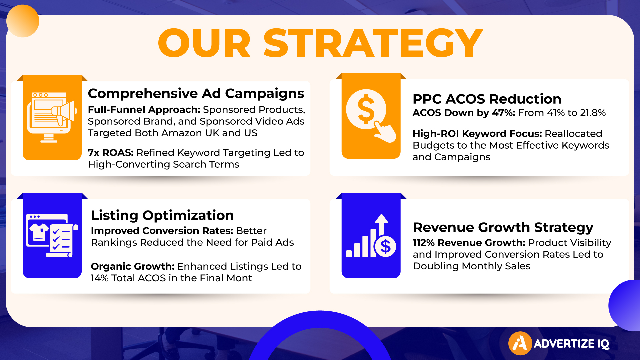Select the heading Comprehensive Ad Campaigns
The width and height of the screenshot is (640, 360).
(x=196, y=94)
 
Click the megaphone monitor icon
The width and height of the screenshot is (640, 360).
(x=52, y=117)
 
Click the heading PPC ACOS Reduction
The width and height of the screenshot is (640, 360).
(x=487, y=99)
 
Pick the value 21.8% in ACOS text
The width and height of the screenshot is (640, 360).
(x=593, y=113)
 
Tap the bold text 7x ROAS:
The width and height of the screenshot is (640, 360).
(x=111, y=153)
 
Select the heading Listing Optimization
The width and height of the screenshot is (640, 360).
(x=162, y=215)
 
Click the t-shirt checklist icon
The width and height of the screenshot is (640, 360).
(x=52, y=235)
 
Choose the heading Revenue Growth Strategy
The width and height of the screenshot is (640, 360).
(x=503, y=228)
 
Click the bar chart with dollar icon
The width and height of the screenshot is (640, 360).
(x=371, y=236)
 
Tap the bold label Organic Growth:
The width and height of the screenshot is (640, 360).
(x=133, y=266)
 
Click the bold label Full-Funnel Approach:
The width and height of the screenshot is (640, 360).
(x=144, y=110)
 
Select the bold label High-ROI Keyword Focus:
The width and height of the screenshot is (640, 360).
(x=477, y=134)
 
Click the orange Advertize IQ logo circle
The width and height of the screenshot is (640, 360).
(x=520, y=343)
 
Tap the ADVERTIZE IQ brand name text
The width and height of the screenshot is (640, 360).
(x=572, y=344)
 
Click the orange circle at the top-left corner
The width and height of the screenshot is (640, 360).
(x=23, y=21)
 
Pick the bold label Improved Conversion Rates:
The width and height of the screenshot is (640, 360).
(x=162, y=231)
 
